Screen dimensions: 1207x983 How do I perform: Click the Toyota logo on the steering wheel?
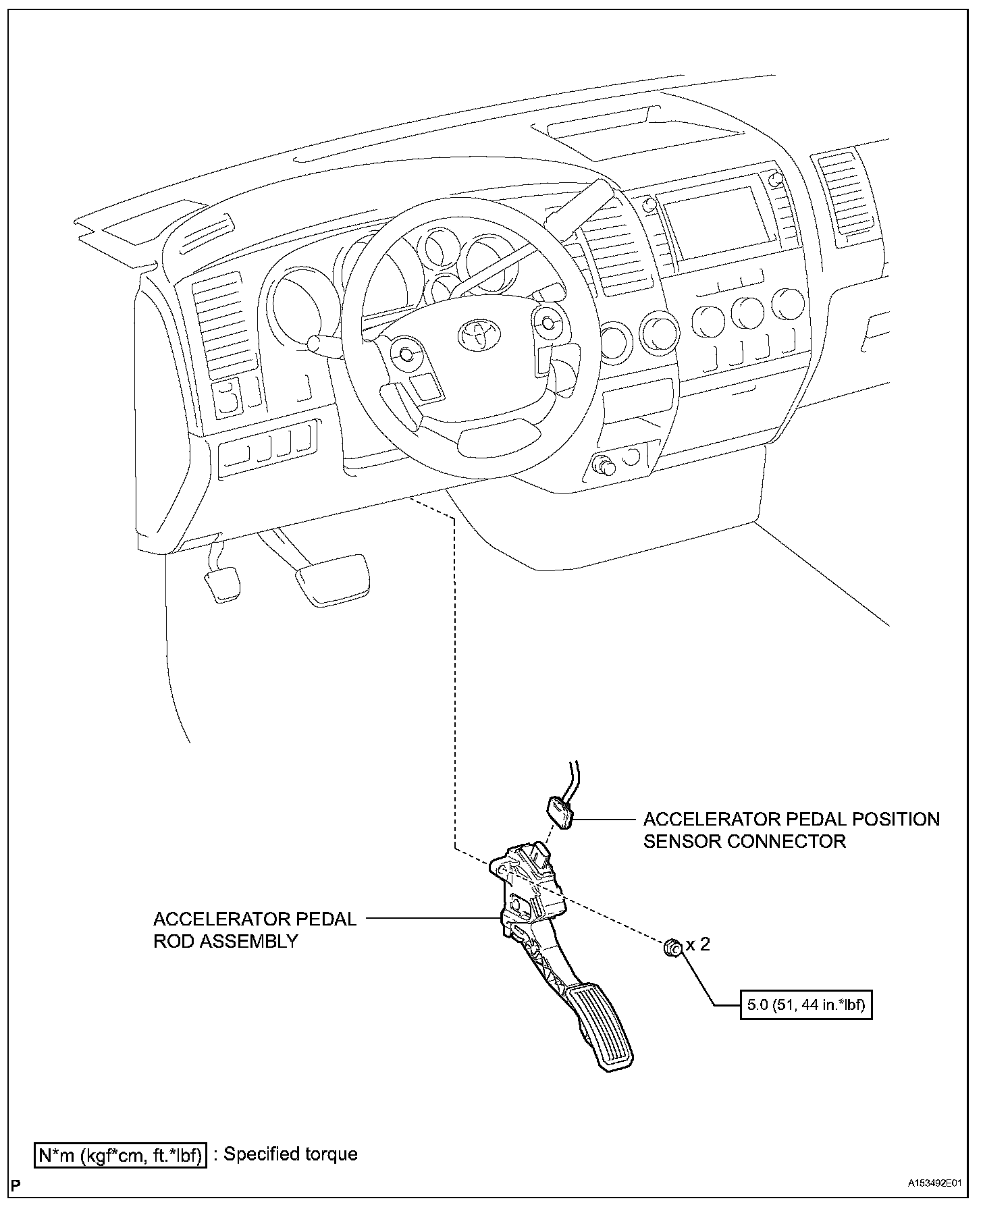(481, 336)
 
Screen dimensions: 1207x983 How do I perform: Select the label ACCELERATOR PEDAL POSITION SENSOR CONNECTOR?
(791, 830)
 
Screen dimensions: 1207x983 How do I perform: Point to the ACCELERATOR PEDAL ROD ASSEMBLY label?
(255, 930)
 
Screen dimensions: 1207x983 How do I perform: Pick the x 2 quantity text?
(699, 944)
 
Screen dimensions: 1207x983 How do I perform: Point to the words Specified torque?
(290, 1154)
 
